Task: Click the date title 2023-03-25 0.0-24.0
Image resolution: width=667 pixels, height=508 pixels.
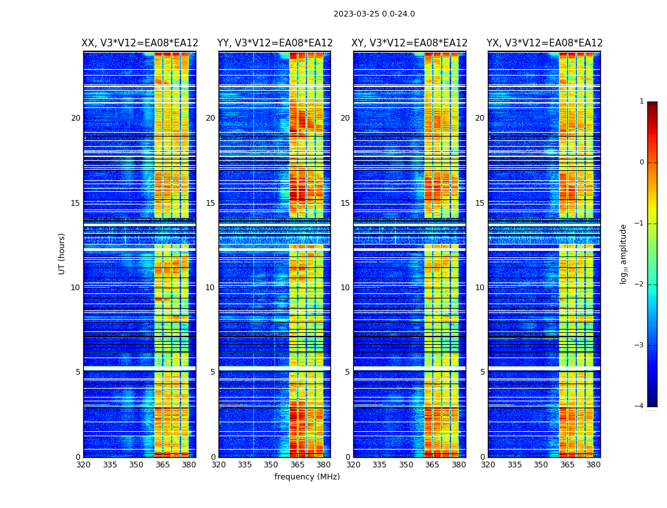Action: (374, 14)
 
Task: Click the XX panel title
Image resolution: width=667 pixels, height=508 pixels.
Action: (140, 43)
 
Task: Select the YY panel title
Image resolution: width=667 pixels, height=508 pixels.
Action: (275, 43)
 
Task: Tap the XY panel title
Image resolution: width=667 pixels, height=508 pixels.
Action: (410, 43)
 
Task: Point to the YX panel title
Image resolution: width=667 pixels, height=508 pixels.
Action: (544, 43)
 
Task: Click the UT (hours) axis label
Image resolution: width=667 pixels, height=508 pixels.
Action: (62, 253)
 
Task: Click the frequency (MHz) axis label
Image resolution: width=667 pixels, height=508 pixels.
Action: (307, 477)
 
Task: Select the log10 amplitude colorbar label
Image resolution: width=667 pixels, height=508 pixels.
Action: (624, 253)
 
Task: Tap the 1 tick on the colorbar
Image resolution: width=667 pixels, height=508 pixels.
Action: (642, 102)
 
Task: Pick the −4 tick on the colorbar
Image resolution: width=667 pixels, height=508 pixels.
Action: (640, 406)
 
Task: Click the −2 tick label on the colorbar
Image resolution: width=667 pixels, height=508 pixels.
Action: (640, 284)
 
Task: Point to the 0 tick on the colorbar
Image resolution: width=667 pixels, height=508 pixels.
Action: (642, 163)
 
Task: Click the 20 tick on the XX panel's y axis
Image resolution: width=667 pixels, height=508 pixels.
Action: (76, 118)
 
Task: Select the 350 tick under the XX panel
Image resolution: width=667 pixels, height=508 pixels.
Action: (136, 465)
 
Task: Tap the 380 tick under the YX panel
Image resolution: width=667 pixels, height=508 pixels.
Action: (593, 465)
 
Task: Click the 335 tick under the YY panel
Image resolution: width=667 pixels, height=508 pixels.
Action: (245, 465)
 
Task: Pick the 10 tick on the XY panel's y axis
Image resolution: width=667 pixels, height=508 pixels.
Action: (345, 288)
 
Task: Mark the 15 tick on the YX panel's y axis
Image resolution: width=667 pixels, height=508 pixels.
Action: (480, 203)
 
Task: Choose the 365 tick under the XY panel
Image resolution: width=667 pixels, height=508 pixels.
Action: (432, 465)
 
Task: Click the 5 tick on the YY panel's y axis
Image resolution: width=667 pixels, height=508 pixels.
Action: (213, 372)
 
